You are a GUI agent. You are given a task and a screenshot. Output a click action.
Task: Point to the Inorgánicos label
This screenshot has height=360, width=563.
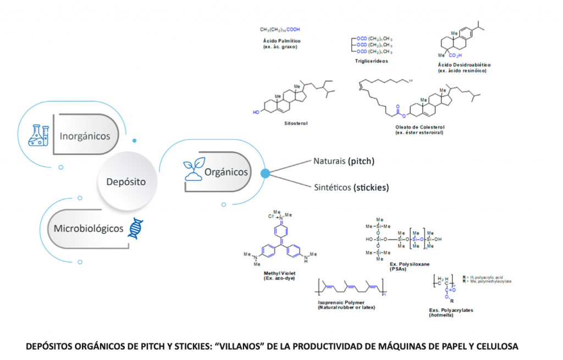pyautogui.click(x=85, y=136)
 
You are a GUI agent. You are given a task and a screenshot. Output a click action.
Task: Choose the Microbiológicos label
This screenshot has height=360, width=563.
pyautogui.click(x=89, y=228)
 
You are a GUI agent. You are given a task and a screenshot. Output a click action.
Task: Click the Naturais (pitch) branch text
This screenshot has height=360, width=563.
pyautogui.click(x=344, y=162)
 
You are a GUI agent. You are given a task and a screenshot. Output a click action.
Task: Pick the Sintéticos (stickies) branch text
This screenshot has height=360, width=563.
pyautogui.click(x=351, y=187)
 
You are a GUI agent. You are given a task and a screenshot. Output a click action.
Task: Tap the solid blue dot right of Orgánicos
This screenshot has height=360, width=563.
pyautogui.click(x=265, y=173)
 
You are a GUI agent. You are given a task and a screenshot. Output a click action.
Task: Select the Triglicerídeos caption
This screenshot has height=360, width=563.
pyautogui.click(x=371, y=61)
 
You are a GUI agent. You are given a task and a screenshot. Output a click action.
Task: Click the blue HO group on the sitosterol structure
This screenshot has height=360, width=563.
pyautogui.click(x=256, y=112)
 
